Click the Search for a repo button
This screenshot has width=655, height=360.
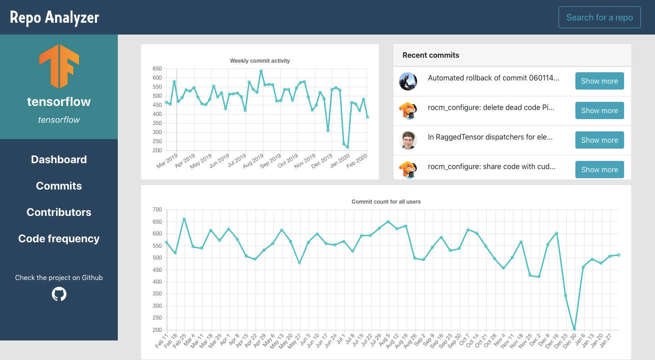pos(600,17)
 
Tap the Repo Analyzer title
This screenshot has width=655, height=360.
pos(55,17)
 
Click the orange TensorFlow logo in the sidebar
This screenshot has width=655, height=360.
pos(59,66)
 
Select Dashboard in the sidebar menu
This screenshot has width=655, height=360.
pos(59,160)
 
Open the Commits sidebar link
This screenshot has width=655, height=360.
pos(59,186)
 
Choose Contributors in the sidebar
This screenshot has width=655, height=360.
pos(59,212)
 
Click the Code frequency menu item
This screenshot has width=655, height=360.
pos(59,239)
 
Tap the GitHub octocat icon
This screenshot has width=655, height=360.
pos(59,294)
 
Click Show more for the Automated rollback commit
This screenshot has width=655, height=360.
pos(600,81)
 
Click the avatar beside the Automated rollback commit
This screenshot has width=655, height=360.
pos(408,81)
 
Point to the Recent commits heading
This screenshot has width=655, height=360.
pos(431,55)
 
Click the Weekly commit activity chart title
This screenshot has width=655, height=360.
pos(260,60)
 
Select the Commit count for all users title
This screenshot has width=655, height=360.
pos(386,201)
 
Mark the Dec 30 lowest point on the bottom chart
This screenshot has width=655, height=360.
pos(574,329)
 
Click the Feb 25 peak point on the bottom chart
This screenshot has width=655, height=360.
pos(184,219)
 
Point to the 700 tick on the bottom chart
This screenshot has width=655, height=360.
pos(157,210)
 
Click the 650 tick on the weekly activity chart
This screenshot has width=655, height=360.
pos(157,69)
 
